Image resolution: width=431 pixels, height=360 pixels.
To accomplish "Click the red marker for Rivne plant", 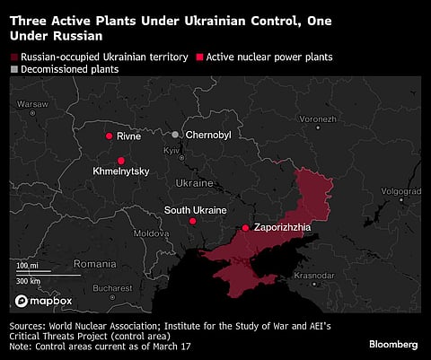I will pyautogui.click(x=109, y=136).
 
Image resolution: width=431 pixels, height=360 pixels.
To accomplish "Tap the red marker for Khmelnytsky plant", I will pyautogui.click(x=121, y=161).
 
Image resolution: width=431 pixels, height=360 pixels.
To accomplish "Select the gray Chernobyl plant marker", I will pyautogui.click(x=176, y=135).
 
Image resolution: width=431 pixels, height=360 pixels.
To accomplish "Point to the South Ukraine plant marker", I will pyautogui.click(x=192, y=221).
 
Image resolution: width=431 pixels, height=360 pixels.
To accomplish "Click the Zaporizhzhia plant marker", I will pyautogui.click(x=245, y=228).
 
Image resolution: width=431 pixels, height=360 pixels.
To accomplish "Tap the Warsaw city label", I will pyautogui.click(x=31, y=103).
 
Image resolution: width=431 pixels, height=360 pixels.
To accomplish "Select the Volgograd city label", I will pyautogui.click(x=400, y=190).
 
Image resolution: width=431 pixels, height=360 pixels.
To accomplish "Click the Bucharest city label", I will pyautogui.click(x=111, y=288).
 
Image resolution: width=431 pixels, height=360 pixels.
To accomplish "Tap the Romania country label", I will pyautogui.click(x=95, y=264).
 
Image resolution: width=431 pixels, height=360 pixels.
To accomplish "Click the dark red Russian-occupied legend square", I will pyautogui.click(x=13, y=57).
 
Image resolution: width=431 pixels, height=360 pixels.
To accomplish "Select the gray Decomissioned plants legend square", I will pyautogui.click(x=13, y=69).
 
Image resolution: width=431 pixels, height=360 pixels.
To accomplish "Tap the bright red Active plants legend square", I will pyautogui.click(x=198, y=57).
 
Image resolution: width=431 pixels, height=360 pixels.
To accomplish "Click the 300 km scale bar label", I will pyautogui.click(x=29, y=280).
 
